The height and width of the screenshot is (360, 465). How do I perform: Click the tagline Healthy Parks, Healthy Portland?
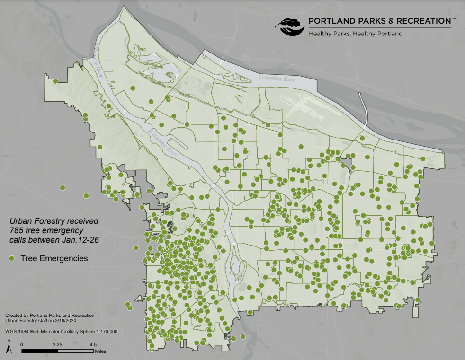[x=355, y=34]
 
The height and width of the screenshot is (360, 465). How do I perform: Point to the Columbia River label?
[x=277, y=79]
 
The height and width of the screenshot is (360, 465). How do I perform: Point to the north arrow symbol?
[x=9, y=348]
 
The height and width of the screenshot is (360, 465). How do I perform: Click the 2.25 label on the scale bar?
[x=57, y=344]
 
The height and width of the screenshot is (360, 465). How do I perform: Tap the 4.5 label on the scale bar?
[x=93, y=344]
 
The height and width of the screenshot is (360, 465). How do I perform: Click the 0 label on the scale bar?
[x=22, y=344]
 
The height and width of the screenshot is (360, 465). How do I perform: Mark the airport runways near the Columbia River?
[x=298, y=104]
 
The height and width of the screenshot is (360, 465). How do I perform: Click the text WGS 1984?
[x=17, y=331]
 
